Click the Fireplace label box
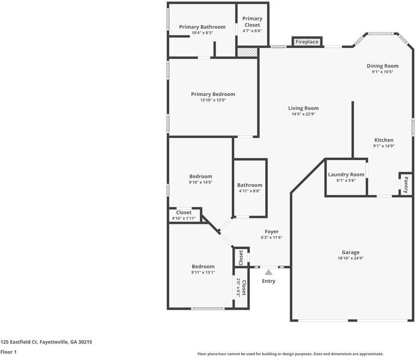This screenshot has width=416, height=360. coord(307,42)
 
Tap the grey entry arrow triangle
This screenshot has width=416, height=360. coord(268,272)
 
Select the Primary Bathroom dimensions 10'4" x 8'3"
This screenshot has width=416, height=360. coord(202,33)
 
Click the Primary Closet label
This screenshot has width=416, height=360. coord(252,22)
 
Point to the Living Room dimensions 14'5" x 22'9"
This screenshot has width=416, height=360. coord(303,114)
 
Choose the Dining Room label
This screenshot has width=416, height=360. coord(382,66)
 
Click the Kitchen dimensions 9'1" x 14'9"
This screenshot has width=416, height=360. coord(384,146)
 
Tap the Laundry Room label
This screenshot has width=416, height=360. coord(346,175)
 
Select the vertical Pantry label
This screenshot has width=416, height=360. coord(406,185)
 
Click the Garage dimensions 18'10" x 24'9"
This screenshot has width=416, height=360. coord(351,258)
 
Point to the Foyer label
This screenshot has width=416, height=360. coord(271,232)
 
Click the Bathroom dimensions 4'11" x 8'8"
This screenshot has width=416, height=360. coord(250,191)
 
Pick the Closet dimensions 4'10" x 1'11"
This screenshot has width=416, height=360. coord(184,218)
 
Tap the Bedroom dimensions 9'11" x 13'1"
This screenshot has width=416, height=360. coord(203,272)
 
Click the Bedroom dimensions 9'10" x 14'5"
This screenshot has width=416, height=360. coord(200,182)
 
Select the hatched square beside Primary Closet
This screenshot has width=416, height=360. coord(247,52)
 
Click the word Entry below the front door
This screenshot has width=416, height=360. coord(268,281)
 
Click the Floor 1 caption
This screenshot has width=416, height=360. coord(8,352)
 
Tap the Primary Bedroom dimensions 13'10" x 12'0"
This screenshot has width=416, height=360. coord(213,100)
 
